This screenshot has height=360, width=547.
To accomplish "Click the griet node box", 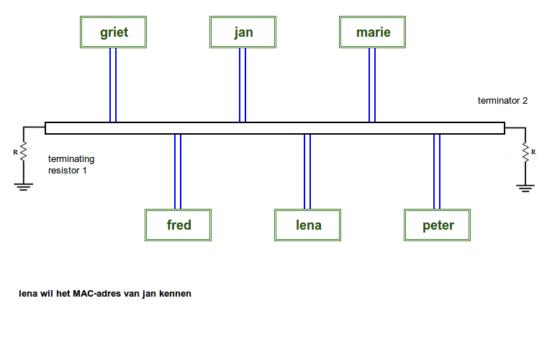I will [114, 32].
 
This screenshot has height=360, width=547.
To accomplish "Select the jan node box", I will [243, 32].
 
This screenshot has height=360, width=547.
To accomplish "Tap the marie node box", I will [373, 32].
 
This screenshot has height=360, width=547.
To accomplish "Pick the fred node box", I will [178, 225].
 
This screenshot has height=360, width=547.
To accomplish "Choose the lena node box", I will [308, 225].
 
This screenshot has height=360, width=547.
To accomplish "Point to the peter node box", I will [438, 225].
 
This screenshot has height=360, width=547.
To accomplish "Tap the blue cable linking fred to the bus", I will [178, 171].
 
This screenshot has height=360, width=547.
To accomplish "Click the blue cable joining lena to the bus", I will [307, 171].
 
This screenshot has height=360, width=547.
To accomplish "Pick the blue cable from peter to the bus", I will [437, 171].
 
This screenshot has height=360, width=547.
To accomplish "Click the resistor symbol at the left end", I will [23, 152].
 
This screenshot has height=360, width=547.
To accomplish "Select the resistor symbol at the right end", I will [525, 152].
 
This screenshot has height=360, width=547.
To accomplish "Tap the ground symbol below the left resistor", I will [24, 186].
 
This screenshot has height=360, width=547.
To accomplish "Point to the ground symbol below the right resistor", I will [525, 187].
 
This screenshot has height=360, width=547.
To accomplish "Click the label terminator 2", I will [502, 101].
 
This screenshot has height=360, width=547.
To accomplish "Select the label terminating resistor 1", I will [71, 165].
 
